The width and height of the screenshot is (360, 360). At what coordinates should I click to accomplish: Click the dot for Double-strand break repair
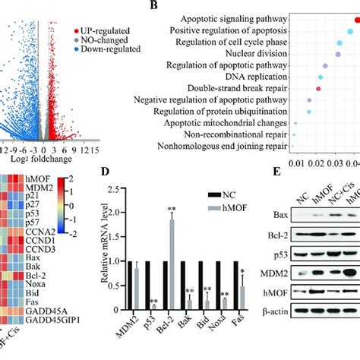(318, 89)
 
